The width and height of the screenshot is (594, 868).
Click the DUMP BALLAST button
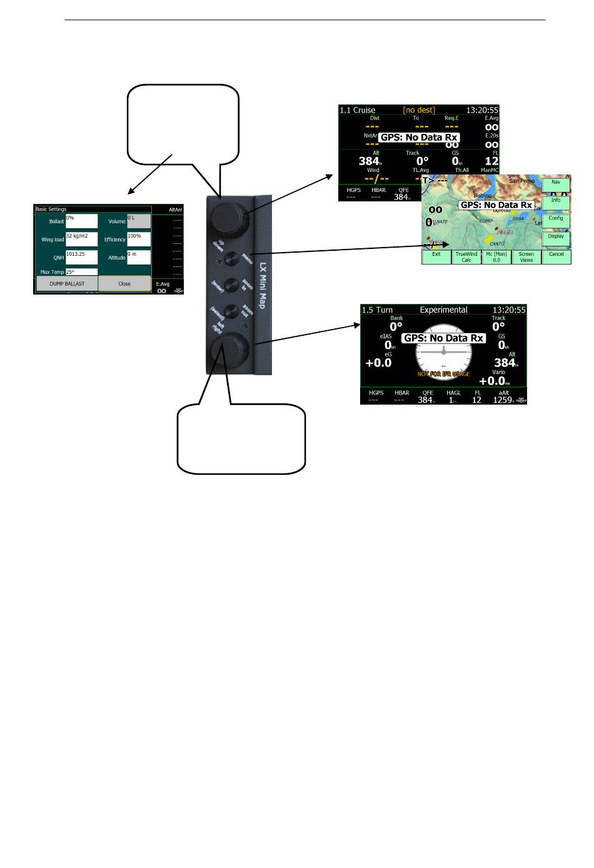(67, 284)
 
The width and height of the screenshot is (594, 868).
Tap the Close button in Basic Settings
(124, 284)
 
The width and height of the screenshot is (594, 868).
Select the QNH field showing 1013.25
(81, 257)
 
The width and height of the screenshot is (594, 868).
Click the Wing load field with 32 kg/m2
(81, 239)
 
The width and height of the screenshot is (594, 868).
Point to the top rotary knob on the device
(224, 216)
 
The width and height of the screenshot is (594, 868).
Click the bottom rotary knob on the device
(224, 348)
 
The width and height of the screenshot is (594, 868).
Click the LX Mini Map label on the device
(263, 285)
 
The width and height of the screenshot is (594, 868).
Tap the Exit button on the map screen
(436, 257)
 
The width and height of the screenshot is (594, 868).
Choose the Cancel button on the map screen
(556, 257)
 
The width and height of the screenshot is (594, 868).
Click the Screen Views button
(526, 257)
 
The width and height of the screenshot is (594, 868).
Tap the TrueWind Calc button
(466, 257)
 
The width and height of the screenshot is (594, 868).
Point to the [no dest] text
(419, 110)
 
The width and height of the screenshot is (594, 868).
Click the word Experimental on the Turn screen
(443, 310)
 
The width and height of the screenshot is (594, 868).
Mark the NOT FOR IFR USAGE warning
(443, 374)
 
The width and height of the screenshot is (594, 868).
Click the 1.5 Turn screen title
(377, 310)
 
